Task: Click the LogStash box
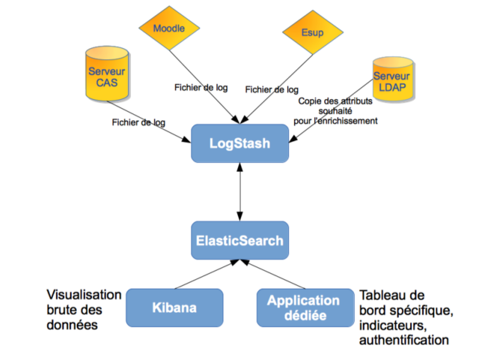coord(239,143)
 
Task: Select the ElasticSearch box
coord(239,240)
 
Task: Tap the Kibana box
coord(174,308)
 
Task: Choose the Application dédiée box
coord(303,308)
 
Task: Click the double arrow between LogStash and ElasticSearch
coord(239,192)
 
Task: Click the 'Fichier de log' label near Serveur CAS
coord(138,122)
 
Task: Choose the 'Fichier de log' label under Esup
coord(271,90)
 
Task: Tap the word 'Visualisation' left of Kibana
coord(84,295)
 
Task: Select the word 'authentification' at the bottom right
coord(404,340)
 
